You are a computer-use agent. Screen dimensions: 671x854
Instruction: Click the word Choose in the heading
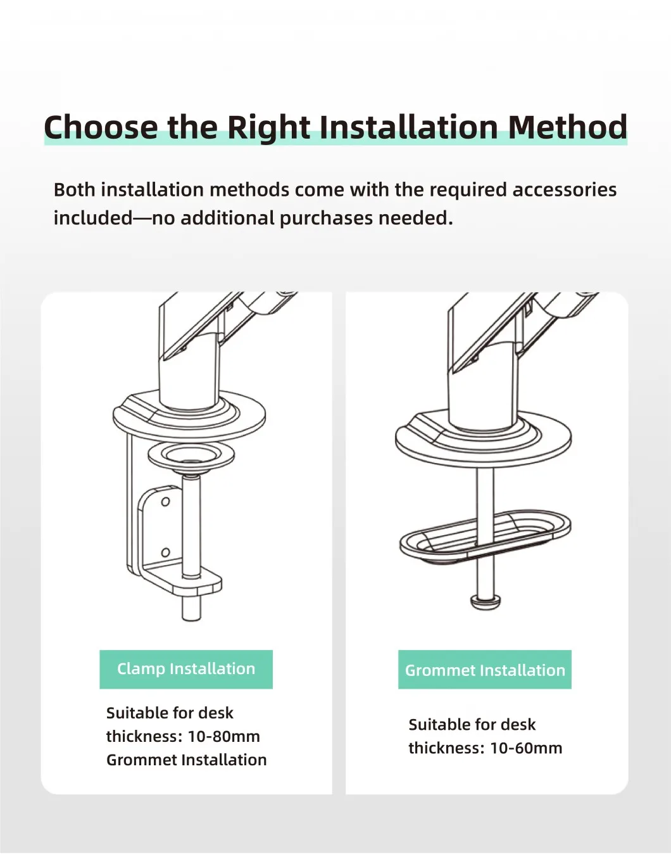[x=101, y=127]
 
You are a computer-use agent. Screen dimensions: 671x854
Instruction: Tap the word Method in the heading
[x=567, y=127]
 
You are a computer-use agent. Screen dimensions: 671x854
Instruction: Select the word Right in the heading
[x=268, y=128]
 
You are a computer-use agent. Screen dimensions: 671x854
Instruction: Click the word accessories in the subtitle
[x=564, y=189]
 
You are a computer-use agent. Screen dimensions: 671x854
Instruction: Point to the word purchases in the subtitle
[x=326, y=219]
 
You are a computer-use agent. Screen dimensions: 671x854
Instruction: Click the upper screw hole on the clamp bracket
[x=165, y=502]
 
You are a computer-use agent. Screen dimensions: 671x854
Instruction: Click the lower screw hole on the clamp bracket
[x=165, y=552]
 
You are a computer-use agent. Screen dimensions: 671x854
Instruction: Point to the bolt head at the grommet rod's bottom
[x=486, y=602]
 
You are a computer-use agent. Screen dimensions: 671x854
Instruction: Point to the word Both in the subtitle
[x=75, y=189]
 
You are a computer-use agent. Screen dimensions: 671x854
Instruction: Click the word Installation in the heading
[x=409, y=127]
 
